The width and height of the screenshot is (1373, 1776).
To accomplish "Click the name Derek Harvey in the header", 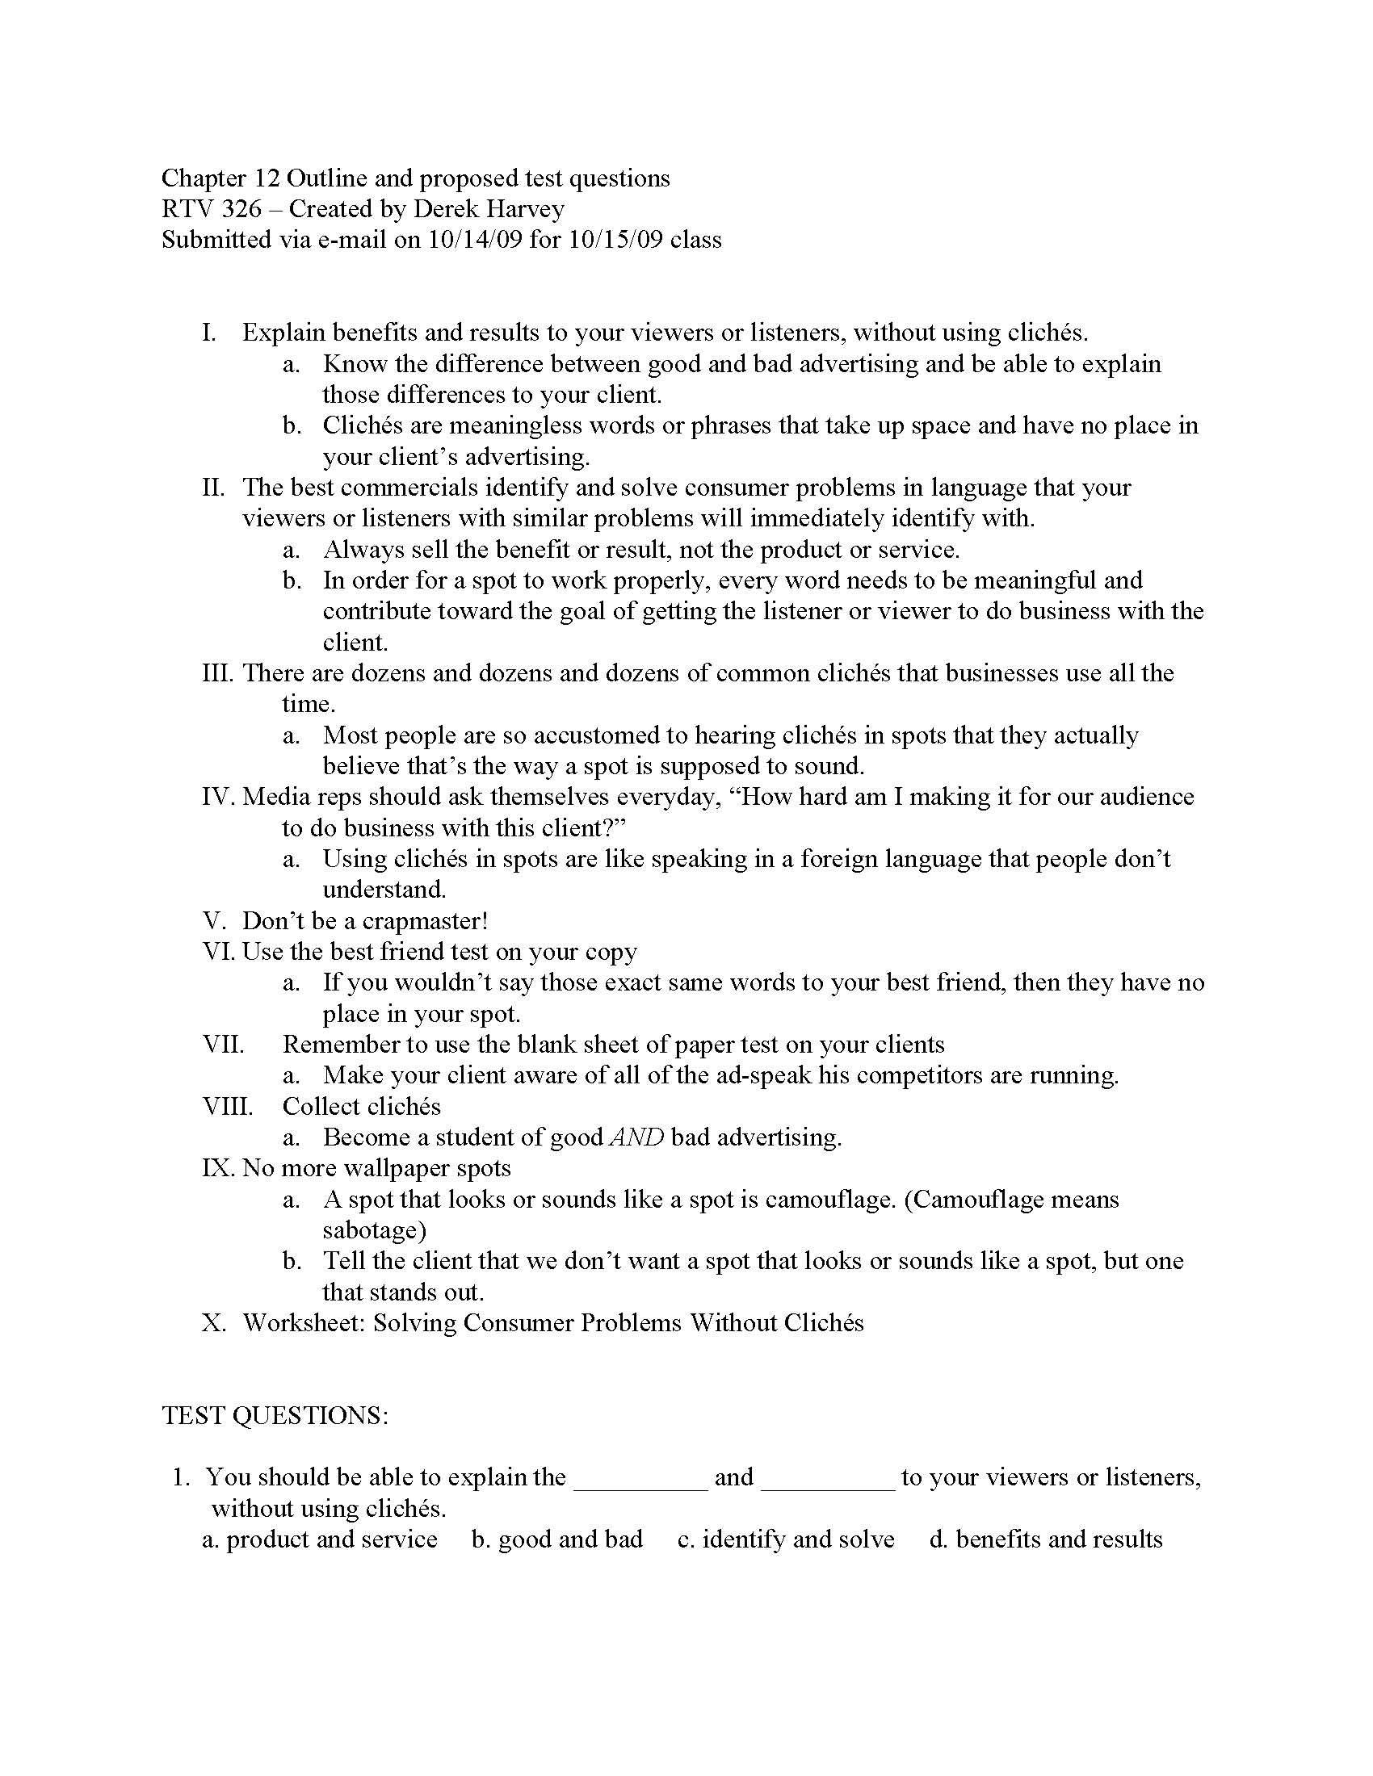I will (x=488, y=209).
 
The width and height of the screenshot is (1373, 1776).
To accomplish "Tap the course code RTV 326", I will (x=212, y=209).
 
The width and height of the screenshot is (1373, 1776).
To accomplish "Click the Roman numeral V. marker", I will (x=212, y=921).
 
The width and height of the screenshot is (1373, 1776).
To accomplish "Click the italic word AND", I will (x=636, y=1137).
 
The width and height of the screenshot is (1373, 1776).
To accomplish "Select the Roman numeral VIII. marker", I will (x=228, y=1107).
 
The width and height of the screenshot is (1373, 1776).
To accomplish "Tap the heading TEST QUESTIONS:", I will (x=275, y=1416).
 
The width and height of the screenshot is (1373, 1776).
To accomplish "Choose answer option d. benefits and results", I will (x=1046, y=1539).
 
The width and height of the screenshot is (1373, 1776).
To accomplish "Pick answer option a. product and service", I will (x=320, y=1539).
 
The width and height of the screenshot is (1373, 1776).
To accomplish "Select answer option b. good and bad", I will (x=557, y=1539).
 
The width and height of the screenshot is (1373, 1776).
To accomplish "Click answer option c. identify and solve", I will (x=786, y=1539).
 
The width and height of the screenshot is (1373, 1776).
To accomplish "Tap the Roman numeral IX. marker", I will (x=218, y=1169).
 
